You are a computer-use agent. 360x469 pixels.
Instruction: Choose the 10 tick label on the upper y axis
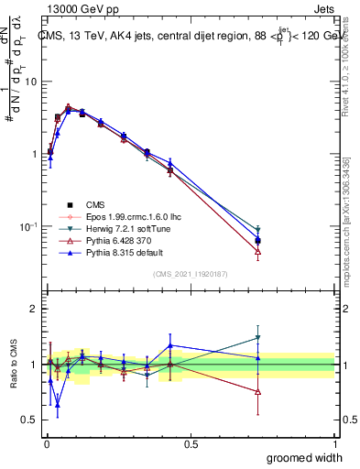click(32, 82)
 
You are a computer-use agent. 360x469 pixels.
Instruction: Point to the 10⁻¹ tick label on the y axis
click(29, 226)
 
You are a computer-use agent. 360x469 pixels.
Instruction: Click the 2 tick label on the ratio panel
click(35, 309)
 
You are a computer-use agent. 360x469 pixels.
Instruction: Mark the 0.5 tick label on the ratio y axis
click(32, 420)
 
